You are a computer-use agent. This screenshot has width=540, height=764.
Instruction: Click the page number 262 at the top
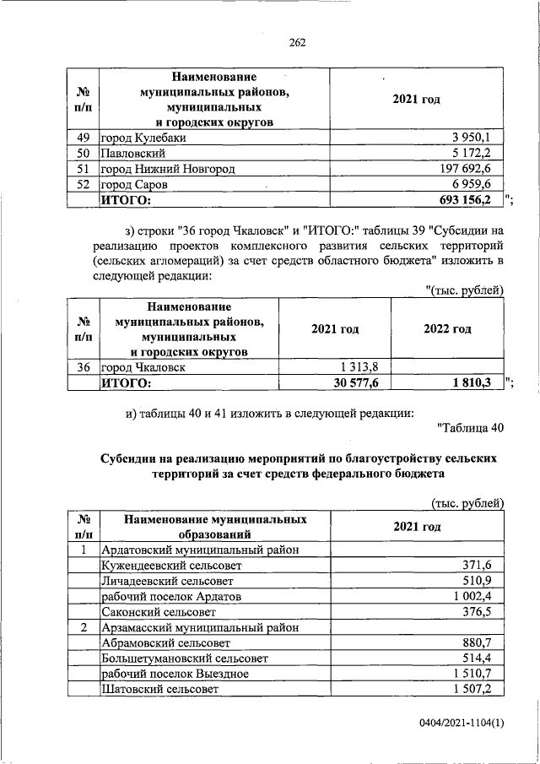click(x=295, y=43)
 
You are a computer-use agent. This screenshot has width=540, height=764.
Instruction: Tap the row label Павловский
click(x=132, y=153)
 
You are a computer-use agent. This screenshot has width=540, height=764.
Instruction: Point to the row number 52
click(x=84, y=184)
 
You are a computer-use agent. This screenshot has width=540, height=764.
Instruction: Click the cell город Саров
click(x=134, y=184)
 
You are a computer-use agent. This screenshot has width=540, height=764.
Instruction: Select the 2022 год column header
click(x=447, y=328)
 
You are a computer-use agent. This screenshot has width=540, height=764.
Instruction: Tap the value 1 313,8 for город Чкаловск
click(x=361, y=367)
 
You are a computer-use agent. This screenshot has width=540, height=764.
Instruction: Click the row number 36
click(x=84, y=367)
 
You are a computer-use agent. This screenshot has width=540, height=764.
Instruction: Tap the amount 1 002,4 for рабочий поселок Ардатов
click(x=478, y=596)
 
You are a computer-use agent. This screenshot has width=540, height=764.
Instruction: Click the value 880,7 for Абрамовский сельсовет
click(x=484, y=642)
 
